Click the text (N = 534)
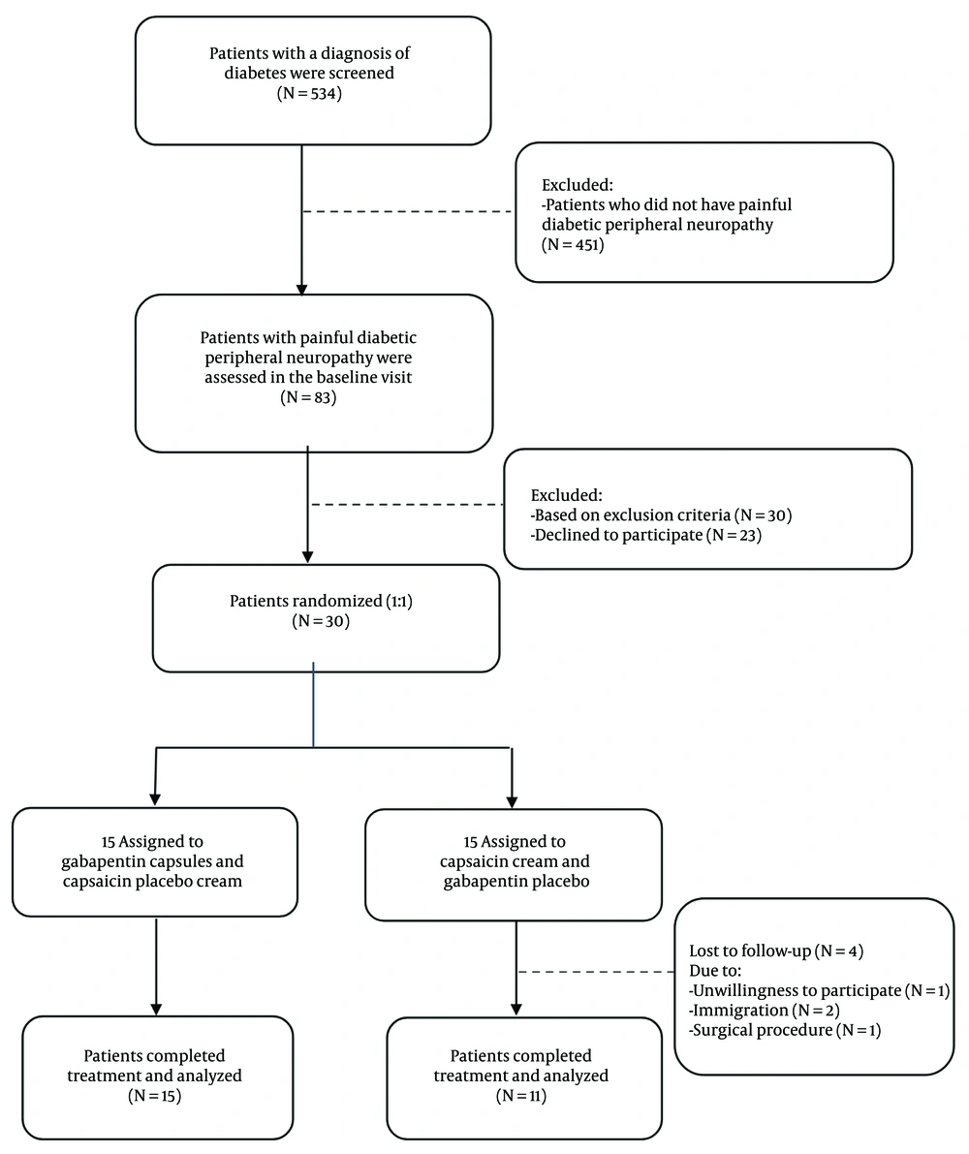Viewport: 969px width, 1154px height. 313,93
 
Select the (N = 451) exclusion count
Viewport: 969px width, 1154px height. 573,245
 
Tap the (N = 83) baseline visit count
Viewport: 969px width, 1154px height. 313,397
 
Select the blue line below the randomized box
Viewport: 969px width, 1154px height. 313,704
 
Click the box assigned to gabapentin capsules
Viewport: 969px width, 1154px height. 155,861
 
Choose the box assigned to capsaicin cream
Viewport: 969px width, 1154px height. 514,862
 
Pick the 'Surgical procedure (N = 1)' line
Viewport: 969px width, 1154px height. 784,1030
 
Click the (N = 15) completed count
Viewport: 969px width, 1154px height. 155,1096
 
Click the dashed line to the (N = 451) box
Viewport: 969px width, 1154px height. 407,211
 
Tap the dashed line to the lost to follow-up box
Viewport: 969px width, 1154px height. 596,972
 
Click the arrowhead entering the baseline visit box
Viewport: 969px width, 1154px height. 302,289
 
